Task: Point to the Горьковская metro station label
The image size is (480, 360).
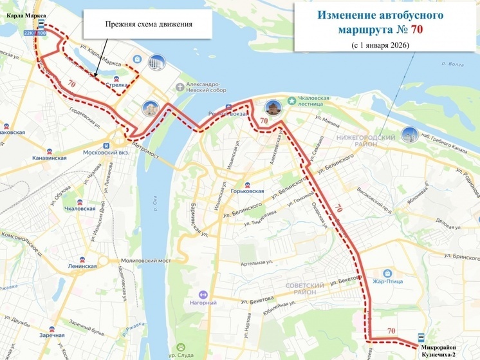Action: [x=248, y=191]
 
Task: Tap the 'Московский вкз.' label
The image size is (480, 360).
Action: [x=106, y=153]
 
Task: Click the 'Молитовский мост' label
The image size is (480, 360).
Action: [x=144, y=261]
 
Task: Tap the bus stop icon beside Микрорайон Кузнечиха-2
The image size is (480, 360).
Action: [x=420, y=336]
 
